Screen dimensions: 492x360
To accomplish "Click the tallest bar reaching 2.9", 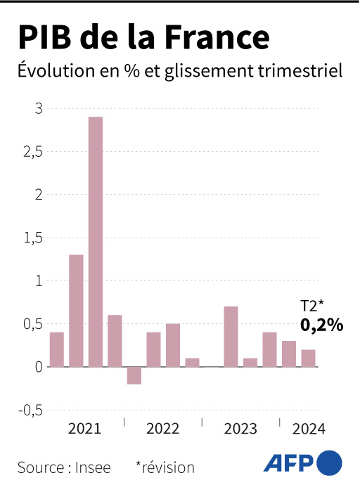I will point(96,241).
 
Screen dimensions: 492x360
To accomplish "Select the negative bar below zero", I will point(134,375).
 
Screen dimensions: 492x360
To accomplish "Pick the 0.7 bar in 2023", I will point(231,336).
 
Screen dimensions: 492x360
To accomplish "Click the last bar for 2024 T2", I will point(308,358).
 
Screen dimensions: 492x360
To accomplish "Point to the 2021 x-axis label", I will point(84,429).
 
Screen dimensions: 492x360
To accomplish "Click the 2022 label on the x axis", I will point(163,429).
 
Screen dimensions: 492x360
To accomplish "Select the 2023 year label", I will point(240,429).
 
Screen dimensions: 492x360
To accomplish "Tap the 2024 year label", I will point(309,429).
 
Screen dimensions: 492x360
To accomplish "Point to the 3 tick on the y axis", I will point(38,109).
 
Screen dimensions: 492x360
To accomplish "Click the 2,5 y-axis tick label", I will point(34,152).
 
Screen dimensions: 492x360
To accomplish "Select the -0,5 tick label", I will point(31,410).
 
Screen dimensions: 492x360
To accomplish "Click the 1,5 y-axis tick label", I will point(34,238).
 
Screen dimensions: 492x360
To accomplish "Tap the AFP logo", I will point(303,463).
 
